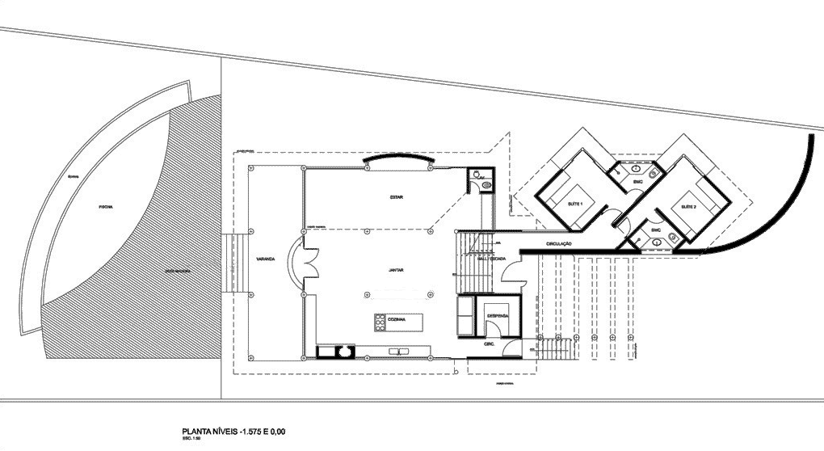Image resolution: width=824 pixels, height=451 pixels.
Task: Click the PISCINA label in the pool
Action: click(x=106, y=206)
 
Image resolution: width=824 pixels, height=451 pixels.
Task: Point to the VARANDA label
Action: click(x=264, y=259)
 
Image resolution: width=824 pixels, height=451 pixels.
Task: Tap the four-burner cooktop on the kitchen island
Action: click(x=378, y=321)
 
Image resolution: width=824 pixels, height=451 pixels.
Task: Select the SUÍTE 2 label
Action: click(x=689, y=207)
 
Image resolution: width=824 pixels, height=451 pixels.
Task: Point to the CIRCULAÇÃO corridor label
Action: click(x=559, y=243)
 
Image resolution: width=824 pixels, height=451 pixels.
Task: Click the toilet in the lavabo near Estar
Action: click(x=485, y=186)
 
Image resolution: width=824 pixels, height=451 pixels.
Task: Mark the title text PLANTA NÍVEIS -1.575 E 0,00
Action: click(x=235, y=432)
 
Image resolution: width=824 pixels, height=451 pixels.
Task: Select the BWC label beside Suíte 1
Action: click(x=637, y=182)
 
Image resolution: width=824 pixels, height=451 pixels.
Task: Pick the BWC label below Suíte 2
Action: click(x=655, y=231)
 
